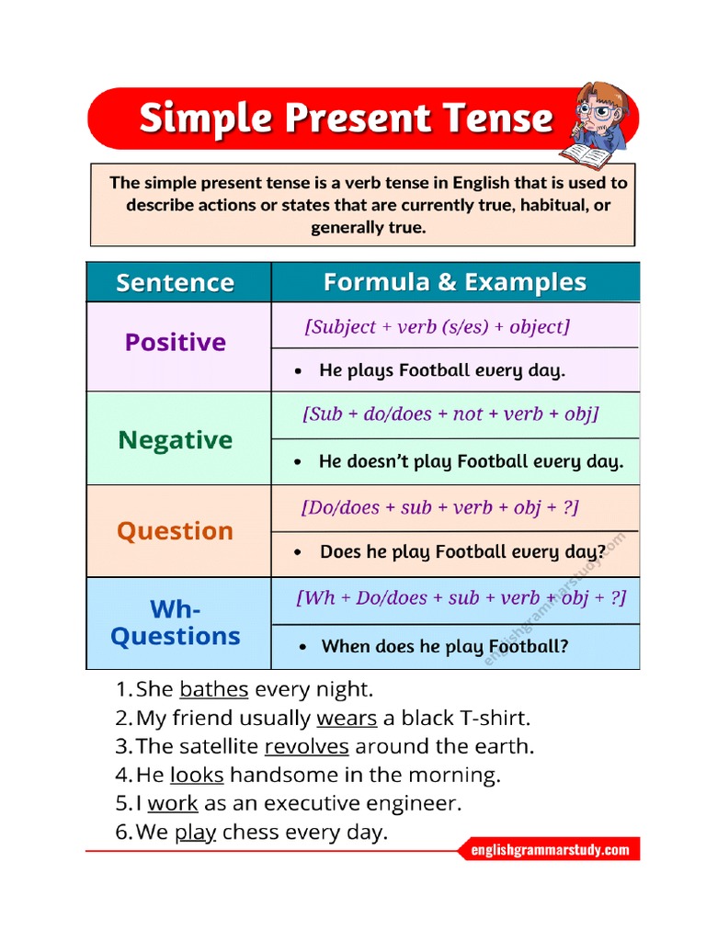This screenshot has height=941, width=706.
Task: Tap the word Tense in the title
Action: [497, 119]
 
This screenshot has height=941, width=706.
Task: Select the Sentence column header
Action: [175, 282]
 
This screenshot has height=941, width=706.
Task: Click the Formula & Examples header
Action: [454, 282]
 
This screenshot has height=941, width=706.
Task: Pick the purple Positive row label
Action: [175, 343]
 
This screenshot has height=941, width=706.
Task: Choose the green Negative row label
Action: [175, 440]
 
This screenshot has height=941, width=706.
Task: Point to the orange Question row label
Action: [175, 531]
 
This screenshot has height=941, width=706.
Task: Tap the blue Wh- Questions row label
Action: [175, 623]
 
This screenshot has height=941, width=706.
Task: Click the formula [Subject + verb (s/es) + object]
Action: [437, 327]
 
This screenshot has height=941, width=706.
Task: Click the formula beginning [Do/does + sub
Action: [439, 507]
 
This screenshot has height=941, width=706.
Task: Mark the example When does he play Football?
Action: [444, 646]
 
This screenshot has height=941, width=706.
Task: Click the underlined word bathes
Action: [214, 689]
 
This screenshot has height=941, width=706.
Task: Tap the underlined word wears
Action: [347, 718]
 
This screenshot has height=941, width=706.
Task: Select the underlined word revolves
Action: [306, 746]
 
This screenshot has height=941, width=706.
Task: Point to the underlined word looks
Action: [197, 775]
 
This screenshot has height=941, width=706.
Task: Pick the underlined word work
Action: [173, 803]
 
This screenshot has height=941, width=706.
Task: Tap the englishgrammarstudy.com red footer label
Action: [550, 850]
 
